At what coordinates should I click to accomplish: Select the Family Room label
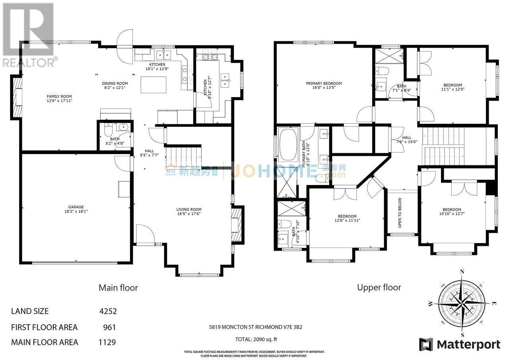[59, 99]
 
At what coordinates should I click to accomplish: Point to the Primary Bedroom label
[324, 86]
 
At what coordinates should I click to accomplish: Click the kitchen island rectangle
[153, 85]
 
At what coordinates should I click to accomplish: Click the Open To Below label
[400, 212]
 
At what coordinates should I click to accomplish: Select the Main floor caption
[118, 288]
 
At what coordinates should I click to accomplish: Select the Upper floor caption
[379, 287]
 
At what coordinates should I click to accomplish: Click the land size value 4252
[108, 311]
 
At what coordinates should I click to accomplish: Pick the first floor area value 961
[109, 327]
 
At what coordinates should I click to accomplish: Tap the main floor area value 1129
[107, 342]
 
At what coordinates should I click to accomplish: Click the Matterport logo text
[468, 344]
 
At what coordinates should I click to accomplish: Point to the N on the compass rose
[462, 272]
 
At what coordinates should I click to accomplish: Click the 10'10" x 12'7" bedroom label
[452, 212]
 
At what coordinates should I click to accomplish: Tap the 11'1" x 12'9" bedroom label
[453, 88]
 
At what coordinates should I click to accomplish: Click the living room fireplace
[237, 226]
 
